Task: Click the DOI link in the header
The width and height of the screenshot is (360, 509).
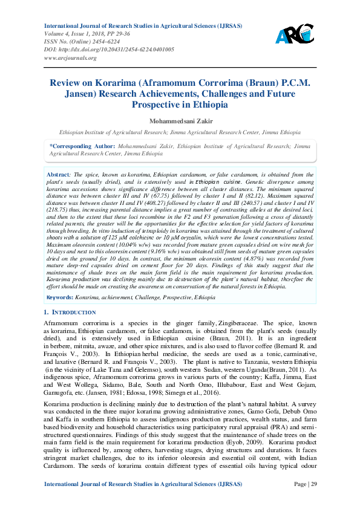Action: (110, 50)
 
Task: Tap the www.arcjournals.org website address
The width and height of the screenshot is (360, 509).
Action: (70, 57)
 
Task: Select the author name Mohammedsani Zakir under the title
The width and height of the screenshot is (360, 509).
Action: (180, 121)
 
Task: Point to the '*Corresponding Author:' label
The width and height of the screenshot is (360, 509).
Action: (82, 146)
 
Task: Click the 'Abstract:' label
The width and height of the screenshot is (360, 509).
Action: (59, 174)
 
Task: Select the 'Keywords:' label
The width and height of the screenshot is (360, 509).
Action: (61, 298)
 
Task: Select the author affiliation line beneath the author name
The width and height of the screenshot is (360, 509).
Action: (180, 131)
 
